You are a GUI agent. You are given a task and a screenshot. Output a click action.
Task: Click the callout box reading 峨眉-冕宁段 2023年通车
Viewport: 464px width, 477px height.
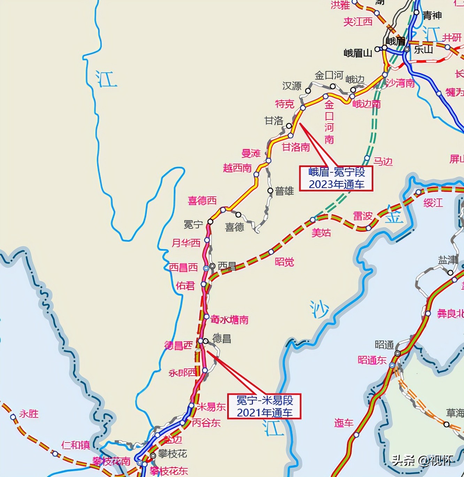[336, 178]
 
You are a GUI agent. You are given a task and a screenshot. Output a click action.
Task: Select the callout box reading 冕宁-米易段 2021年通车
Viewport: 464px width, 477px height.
[264, 406]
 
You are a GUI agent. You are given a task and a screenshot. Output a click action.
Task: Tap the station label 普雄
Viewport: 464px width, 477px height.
[284, 191]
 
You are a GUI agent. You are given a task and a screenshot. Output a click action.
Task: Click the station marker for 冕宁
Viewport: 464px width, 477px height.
[210, 221]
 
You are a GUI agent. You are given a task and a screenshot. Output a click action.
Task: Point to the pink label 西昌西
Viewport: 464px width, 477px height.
[184, 267]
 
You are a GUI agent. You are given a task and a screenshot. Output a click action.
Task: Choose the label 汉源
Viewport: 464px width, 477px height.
[292, 86]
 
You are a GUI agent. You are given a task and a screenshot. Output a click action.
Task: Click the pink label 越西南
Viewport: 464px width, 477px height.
[237, 168]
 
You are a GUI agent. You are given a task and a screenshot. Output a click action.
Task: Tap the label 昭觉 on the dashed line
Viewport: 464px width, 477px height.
[284, 262]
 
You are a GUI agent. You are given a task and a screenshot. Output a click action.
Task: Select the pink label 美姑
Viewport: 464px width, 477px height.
[321, 233]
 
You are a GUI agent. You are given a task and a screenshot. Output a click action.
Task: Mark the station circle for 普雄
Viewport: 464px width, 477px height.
[270, 190]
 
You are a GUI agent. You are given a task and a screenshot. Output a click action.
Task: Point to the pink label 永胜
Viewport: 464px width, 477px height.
[29, 414]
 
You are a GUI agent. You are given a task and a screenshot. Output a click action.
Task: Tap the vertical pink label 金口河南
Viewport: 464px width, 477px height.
[329, 122]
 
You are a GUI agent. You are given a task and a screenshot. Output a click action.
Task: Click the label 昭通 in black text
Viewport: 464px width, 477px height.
[384, 345]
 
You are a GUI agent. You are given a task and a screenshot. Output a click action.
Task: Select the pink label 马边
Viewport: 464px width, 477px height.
[383, 162]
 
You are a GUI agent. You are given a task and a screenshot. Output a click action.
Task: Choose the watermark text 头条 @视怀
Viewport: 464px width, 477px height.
[422, 461]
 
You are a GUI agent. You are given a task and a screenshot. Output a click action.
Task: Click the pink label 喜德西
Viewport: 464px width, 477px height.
[202, 201]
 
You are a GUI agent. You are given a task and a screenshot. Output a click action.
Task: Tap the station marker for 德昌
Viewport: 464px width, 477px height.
[206, 341]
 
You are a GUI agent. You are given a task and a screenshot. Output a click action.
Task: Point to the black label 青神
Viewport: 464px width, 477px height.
[432, 15]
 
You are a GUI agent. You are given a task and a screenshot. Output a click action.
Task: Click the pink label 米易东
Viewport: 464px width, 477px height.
[211, 407]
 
